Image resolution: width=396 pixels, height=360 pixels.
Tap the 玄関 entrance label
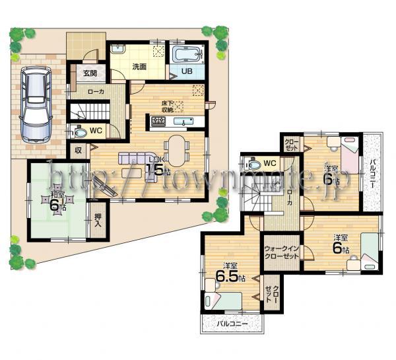pyautogui.click(x=88, y=73)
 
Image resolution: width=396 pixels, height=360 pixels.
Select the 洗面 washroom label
pyautogui.click(x=139, y=66)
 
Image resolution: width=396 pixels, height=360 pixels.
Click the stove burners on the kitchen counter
pyautogui.click(x=160, y=121)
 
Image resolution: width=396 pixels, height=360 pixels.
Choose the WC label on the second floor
pyautogui.click(x=269, y=162)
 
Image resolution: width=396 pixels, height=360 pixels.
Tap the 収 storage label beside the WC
pyautogui.click(x=78, y=150)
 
